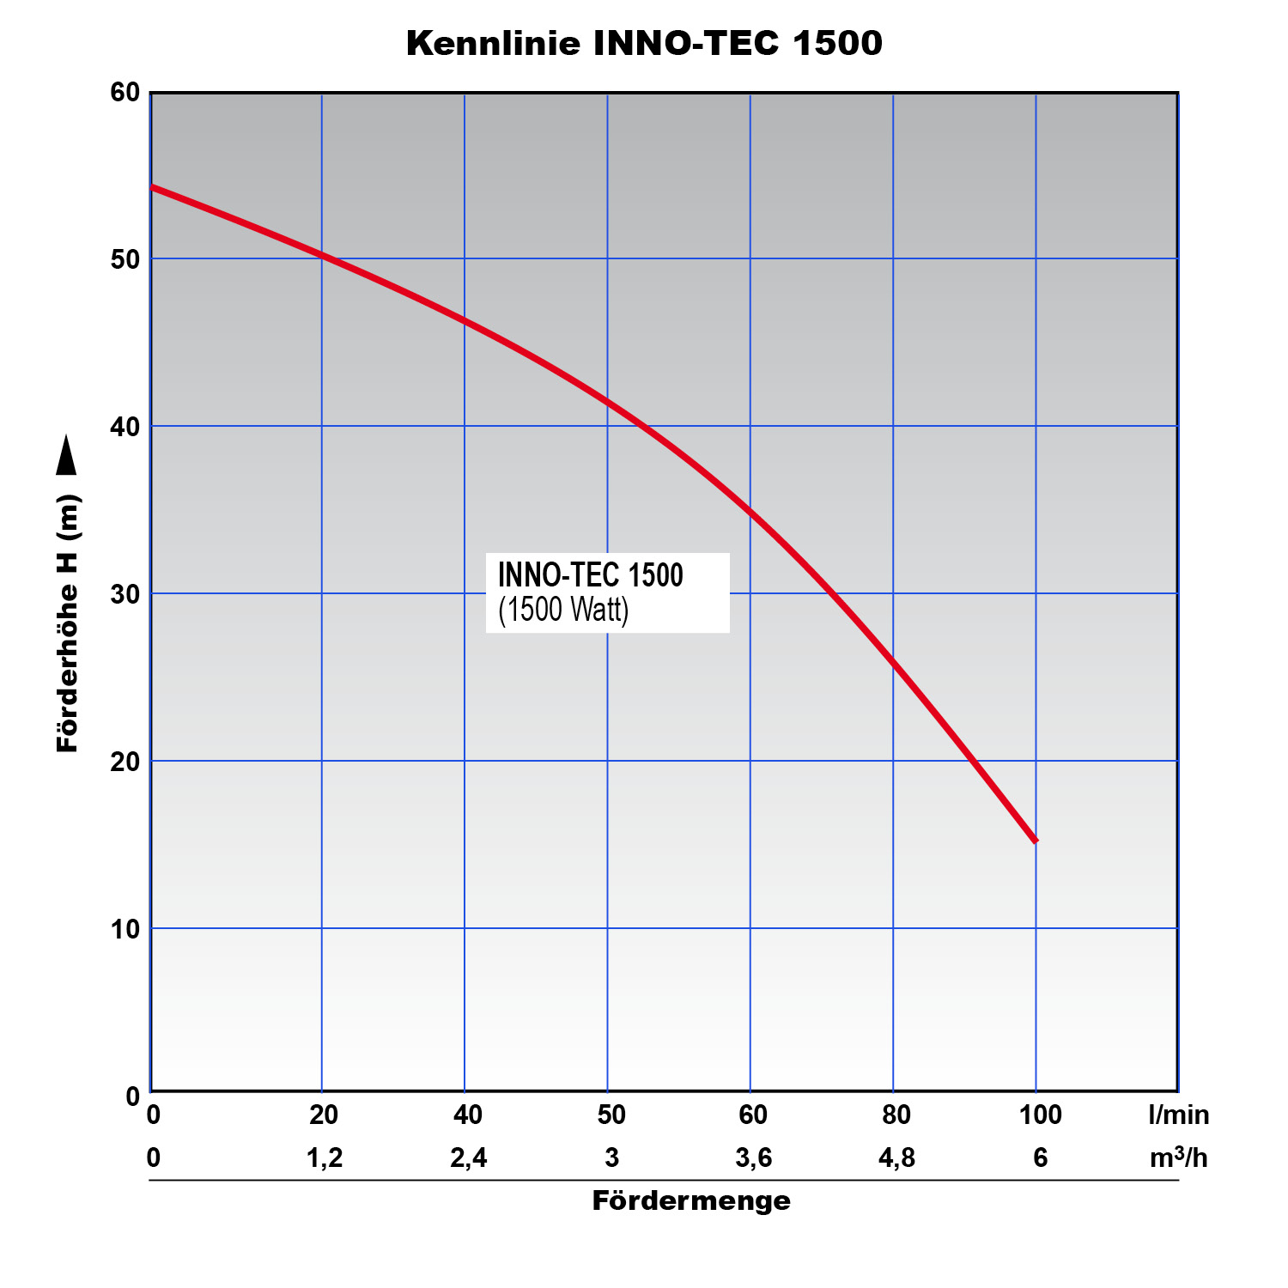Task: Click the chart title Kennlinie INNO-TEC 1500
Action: (644, 43)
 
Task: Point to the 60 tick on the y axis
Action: (125, 92)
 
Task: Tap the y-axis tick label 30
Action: (125, 594)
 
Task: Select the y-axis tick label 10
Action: (125, 929)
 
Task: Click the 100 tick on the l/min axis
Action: (1040, 1115)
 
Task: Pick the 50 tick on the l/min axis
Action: (611, 1115)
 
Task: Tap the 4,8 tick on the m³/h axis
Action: (896, 1158)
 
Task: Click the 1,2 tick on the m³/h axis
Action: (325, 1158)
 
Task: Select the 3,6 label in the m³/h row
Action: (754, 1158)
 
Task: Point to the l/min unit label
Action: (1178, 1115)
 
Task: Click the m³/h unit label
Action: (1178, 1158)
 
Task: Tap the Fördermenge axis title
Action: (691, 1200)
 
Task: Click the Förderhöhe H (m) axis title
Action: (68, 623)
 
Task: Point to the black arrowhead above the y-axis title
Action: (66, 455)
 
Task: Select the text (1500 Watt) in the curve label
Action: (563, 610)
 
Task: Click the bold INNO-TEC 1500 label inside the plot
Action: (590, 575)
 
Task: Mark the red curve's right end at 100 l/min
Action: (1035, 840)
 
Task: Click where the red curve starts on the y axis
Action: (153, 186)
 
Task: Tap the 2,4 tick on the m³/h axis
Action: (468, 1158)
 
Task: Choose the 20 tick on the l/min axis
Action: (324, 1115)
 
